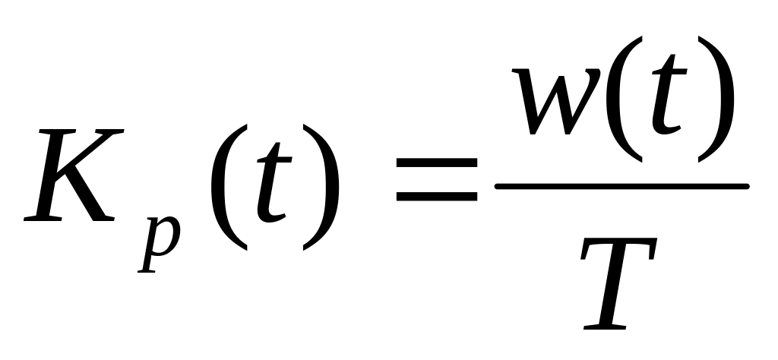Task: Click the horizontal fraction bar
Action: point(621,185)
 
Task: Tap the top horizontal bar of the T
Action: point(623,245)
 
